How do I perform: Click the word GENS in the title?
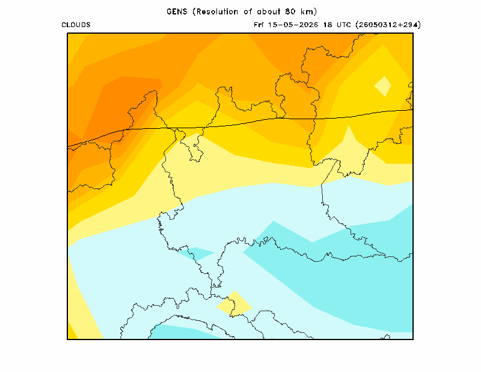177,11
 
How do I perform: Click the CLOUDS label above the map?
76,25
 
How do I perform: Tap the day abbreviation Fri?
259,25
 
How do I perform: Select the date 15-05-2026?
293,25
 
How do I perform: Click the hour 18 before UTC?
328,25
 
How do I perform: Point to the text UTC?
343,25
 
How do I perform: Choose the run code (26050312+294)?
388,25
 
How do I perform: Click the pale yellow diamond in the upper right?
383,86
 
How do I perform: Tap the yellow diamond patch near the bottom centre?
234,303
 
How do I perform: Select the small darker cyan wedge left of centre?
197,253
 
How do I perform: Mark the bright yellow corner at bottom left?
71,333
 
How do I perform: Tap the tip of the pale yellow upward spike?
349,125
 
